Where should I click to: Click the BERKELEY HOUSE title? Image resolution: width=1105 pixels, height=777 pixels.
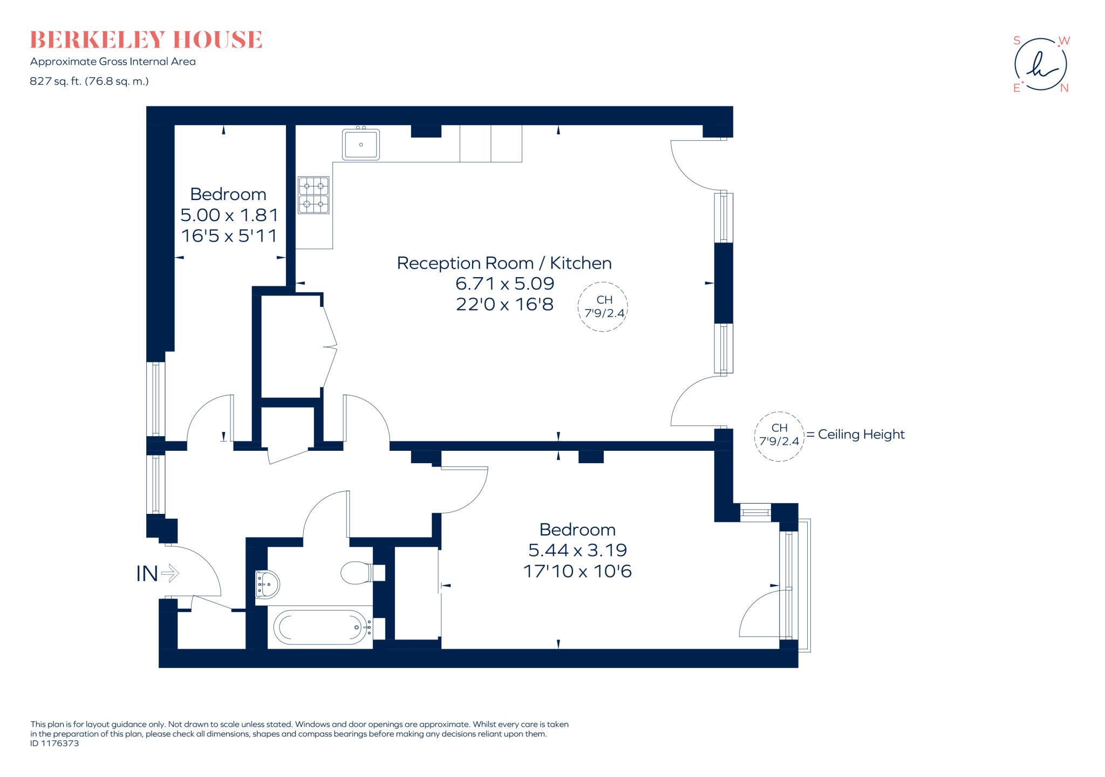(x=146, y=40)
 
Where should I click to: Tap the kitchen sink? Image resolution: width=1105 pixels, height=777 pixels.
(x=361, y=144)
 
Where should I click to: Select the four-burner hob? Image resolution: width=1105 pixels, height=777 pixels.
(x=313, y=195)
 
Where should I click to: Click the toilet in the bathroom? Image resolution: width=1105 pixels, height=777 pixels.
(x=363, y=573)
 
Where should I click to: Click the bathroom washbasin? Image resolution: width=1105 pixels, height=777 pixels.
(x=267, y=585)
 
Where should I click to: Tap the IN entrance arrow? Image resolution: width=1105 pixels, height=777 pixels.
(x=170, y=573)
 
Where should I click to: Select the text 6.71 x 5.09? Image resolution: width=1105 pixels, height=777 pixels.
(x=505, y=284)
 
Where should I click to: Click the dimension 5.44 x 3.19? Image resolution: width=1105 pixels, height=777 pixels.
(x=577, y=551)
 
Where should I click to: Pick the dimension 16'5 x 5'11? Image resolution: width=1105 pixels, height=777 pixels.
(x=229, y=236)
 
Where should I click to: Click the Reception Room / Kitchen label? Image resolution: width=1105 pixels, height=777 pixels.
(x=504, y=263)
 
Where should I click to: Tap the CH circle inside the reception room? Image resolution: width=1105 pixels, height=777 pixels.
(x=603, y=307)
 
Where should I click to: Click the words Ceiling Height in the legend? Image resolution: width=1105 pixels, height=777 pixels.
(x=861, y=435)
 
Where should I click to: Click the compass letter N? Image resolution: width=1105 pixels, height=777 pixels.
(x=1064, y=88)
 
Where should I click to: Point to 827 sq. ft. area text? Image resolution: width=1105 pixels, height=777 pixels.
(x=89, y=81)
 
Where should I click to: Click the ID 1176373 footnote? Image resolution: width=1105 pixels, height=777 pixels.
(x=54, y=743)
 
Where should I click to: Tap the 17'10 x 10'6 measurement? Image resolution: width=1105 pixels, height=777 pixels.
(x=577, y=572)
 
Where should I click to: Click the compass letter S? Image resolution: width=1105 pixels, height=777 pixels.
(x=1017, y=40)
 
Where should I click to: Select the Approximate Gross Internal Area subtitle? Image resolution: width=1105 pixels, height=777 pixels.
(x=113, y=61)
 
